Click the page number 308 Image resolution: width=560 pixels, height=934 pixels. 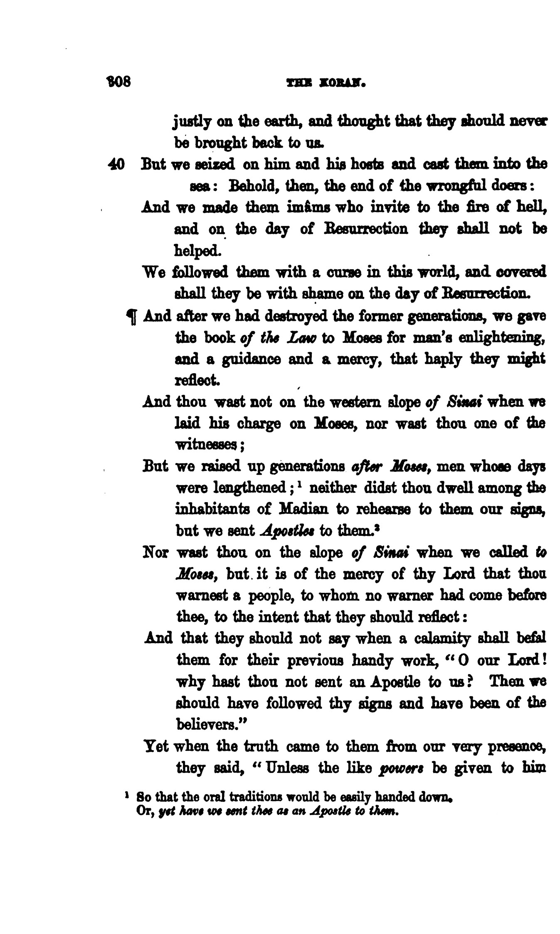pos(119,82)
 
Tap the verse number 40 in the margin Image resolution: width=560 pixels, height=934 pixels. pos(116,164)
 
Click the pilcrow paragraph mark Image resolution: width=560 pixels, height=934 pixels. pos(131,318)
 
